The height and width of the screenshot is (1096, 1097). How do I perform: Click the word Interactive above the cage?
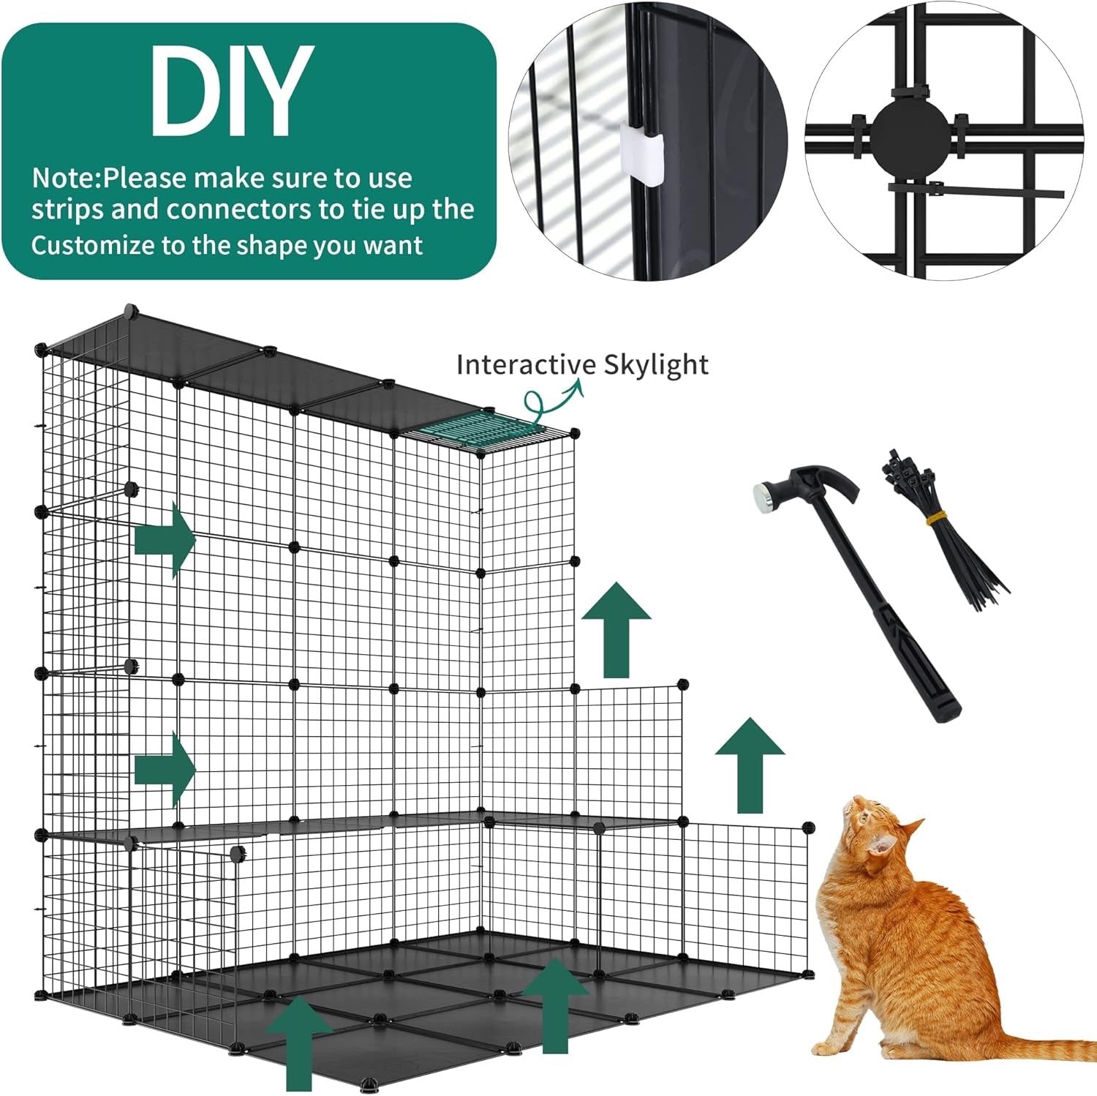[x=526, y=364]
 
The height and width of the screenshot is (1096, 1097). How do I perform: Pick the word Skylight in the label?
[x=656, y=364]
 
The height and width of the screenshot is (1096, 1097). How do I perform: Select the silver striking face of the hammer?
[x=765, y=497]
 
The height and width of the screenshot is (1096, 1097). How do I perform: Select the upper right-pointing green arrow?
[x=165, y=541]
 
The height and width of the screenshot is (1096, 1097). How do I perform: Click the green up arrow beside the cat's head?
[x=750, y=765]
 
